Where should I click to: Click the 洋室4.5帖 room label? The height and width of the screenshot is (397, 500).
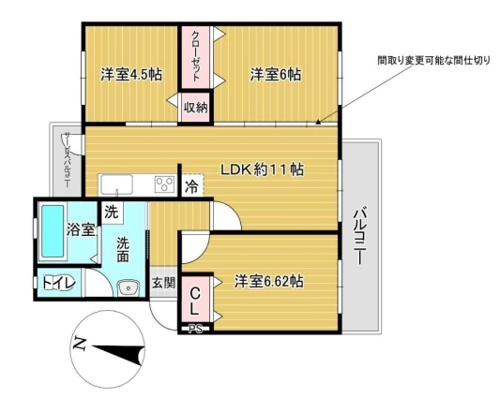click(131, 75)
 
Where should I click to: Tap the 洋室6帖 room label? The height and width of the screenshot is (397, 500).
click(276, 75)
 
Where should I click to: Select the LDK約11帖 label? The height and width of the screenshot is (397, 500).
click(262, 169)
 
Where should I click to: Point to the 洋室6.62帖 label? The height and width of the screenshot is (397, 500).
click(268, 281)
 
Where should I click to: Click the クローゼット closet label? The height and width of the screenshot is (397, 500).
click(195, 56)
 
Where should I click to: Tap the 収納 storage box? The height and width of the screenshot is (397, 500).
click(195, 108)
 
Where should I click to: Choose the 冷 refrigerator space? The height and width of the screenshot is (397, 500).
click(192, 186)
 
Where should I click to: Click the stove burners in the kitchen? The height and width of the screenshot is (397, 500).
click(164, 184)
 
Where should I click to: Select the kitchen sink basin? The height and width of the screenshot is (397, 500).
click(116, 184)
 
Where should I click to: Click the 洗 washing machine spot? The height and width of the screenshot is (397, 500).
click(112, 212)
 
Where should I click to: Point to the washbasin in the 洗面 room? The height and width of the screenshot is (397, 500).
click(128, 288)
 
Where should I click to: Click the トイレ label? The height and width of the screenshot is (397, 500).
click(59, 283)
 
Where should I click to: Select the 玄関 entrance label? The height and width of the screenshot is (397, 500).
click(163, 283)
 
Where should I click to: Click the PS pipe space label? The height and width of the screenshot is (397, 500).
click(195, 330)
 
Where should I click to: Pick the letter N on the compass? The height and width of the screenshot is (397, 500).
click(80, 344)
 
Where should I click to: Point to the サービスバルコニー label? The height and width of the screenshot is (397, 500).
click(68, 160)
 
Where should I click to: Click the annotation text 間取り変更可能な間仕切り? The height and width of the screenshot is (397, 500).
click(433, 60)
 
